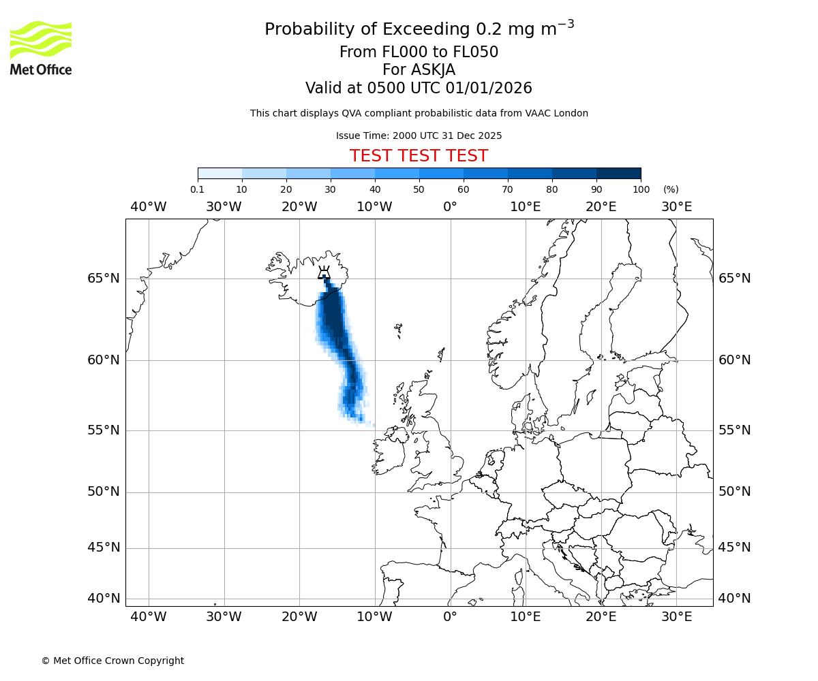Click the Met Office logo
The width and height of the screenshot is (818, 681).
(x=41, y=48)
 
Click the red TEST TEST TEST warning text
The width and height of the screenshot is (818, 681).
(x=419, y=157)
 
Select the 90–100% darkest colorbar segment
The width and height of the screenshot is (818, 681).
(x=618, y=173)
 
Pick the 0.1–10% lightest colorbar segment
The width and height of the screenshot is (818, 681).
(x=220, y=173)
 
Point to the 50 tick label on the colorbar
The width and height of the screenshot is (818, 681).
(x=419, y=190)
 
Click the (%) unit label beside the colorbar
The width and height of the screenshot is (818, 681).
(x=671, y=190)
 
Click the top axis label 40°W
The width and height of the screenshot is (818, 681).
(x=148, y=207)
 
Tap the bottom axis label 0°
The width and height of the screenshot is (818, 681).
(x=450, y=617)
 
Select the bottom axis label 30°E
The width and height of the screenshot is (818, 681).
(x=676, y=617)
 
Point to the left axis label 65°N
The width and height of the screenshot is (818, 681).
(x=104, y=279)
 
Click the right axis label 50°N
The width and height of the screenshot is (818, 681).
(x=735, y=492)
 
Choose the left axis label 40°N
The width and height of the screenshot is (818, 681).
(x=104, y=599)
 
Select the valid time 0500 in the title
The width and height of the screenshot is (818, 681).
(x=386, y=89)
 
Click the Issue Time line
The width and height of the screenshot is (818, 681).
(x=419, y=136)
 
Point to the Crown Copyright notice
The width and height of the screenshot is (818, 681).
(x=112, y=661)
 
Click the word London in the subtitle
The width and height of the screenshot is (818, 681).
(x=571, y=114)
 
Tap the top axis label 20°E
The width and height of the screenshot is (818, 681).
(x=601, y=207)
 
